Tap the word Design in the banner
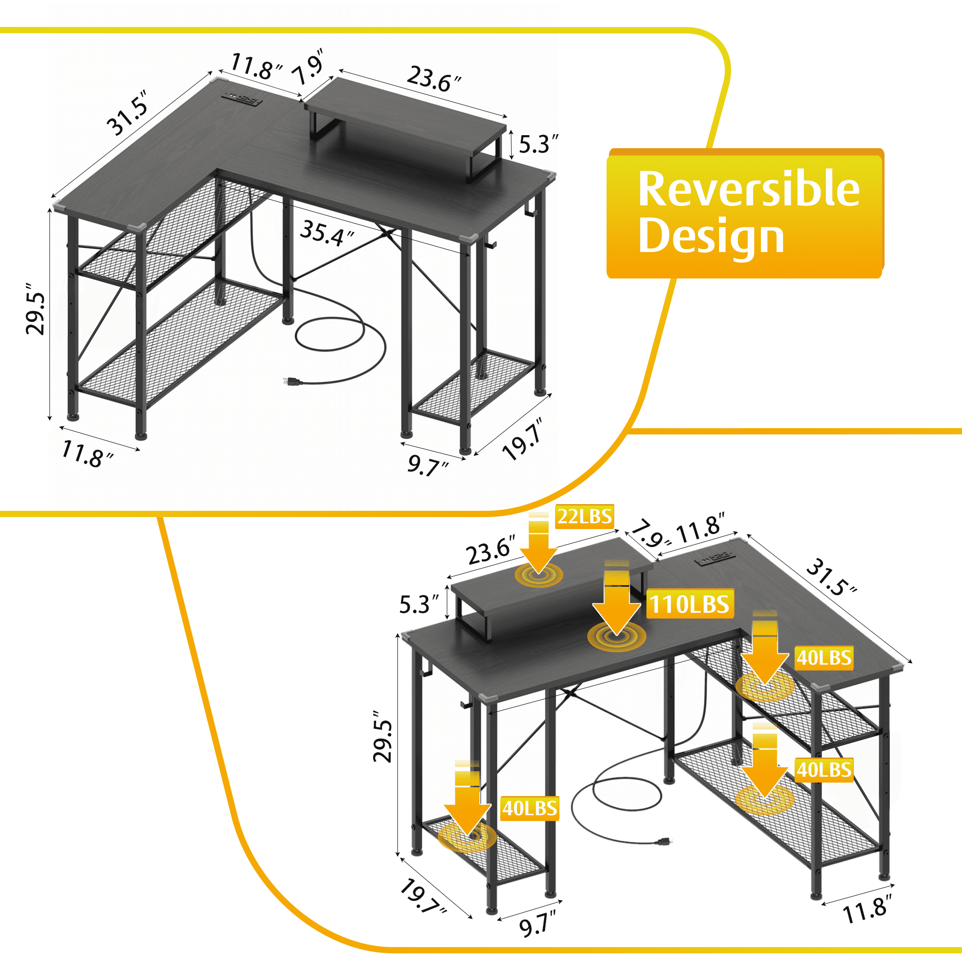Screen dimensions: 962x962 click(711, 236)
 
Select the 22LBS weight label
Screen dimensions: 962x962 click(584, 516)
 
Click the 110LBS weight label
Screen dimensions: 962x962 click(690, 605)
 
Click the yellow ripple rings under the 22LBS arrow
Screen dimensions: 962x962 click(539, 576)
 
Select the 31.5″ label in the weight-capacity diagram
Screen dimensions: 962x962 click(831, 578)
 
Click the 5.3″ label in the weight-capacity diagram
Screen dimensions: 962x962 click(419, 604)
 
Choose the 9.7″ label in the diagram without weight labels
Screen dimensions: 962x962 click(428, 466)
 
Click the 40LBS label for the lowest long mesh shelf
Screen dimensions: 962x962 click(824, 769)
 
